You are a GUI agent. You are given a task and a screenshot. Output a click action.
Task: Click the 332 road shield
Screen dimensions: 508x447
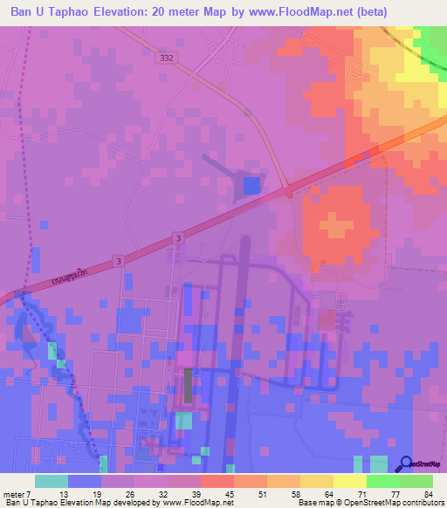(x=168, y=58)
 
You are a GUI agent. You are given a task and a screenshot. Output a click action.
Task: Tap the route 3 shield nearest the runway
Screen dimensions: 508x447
(x=178, y=237)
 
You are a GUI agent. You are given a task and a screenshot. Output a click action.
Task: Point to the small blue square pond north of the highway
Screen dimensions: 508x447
(x=251, y=185)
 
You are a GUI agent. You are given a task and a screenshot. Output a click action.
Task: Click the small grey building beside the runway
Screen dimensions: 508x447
(x=187, y=385)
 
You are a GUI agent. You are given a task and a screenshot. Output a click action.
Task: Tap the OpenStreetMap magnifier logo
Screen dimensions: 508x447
(x=407, y=465)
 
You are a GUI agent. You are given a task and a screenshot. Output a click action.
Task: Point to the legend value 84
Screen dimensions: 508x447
(x=428, y=495)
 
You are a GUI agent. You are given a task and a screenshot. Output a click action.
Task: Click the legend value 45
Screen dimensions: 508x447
(x=229, y=495)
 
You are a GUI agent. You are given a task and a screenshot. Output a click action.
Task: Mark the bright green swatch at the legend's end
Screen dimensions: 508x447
(x=416, y=481)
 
